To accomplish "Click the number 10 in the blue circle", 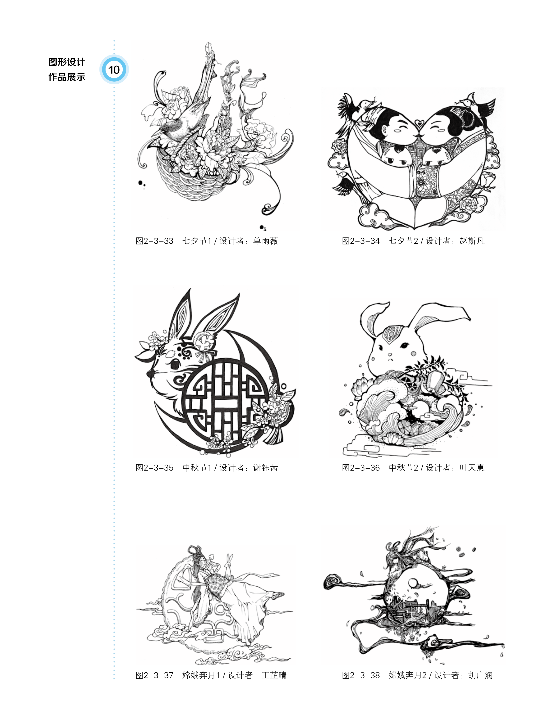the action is [114, 69].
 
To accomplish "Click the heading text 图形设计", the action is [67, 62].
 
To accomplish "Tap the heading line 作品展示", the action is [67, 77].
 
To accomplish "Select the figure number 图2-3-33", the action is [154, 241].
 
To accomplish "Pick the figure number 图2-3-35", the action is [154, 468].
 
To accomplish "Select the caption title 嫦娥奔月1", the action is [201, 675].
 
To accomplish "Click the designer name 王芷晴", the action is [274, 675].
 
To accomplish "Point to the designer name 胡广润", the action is [480, 675].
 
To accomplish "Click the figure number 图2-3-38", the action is [361, 675].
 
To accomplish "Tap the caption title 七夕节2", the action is [403, 241].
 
